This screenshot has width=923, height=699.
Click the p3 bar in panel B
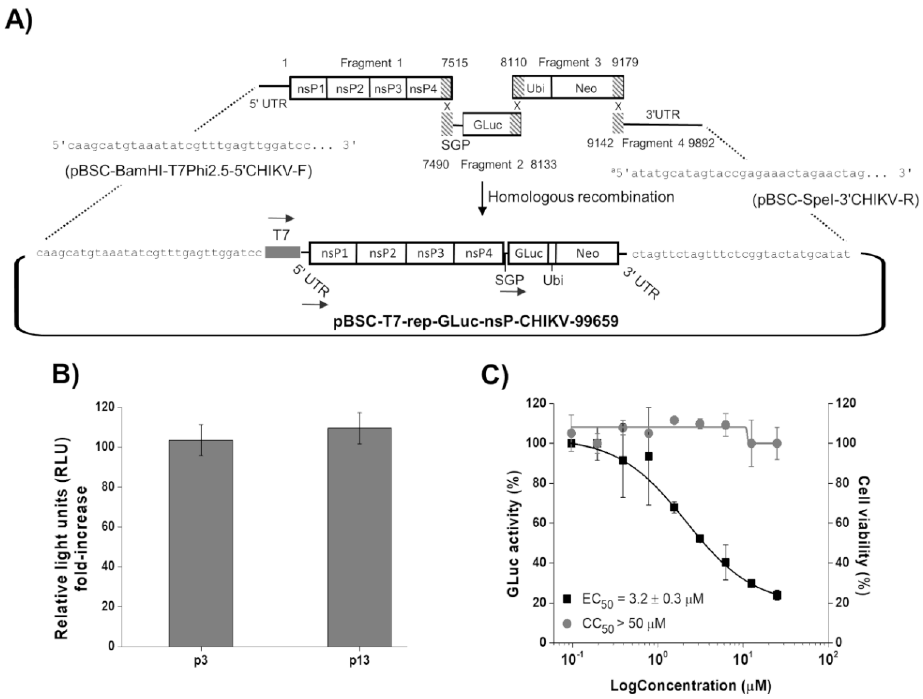click(201, 543)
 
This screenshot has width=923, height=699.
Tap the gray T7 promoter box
click(282, 252)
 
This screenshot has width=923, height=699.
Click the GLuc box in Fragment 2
click(487, 124)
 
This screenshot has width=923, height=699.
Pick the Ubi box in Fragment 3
click(535, 88)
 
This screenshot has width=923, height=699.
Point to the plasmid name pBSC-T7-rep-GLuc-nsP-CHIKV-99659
click(476, 321)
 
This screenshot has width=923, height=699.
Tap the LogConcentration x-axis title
click(691, 686)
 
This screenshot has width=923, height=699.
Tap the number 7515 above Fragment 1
click(455, 63)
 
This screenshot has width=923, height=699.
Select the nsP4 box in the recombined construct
click(479, 253)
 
